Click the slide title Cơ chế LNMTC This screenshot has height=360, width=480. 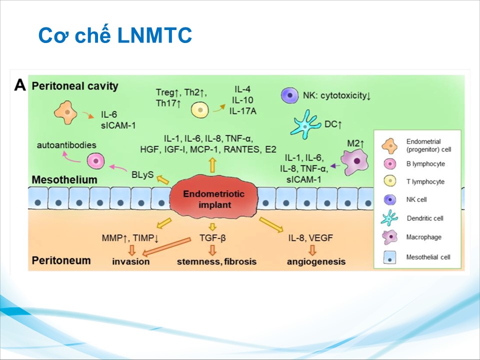(115, 36)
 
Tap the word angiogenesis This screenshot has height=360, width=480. (316, 261)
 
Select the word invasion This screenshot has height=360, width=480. (131, 261)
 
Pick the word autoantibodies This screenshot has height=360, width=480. (66, 145)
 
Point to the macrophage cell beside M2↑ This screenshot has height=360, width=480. (358, 162)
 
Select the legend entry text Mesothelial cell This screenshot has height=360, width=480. (428, 257)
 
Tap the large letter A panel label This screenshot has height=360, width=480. (20, 85)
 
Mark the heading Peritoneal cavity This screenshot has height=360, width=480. (75, 86)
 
